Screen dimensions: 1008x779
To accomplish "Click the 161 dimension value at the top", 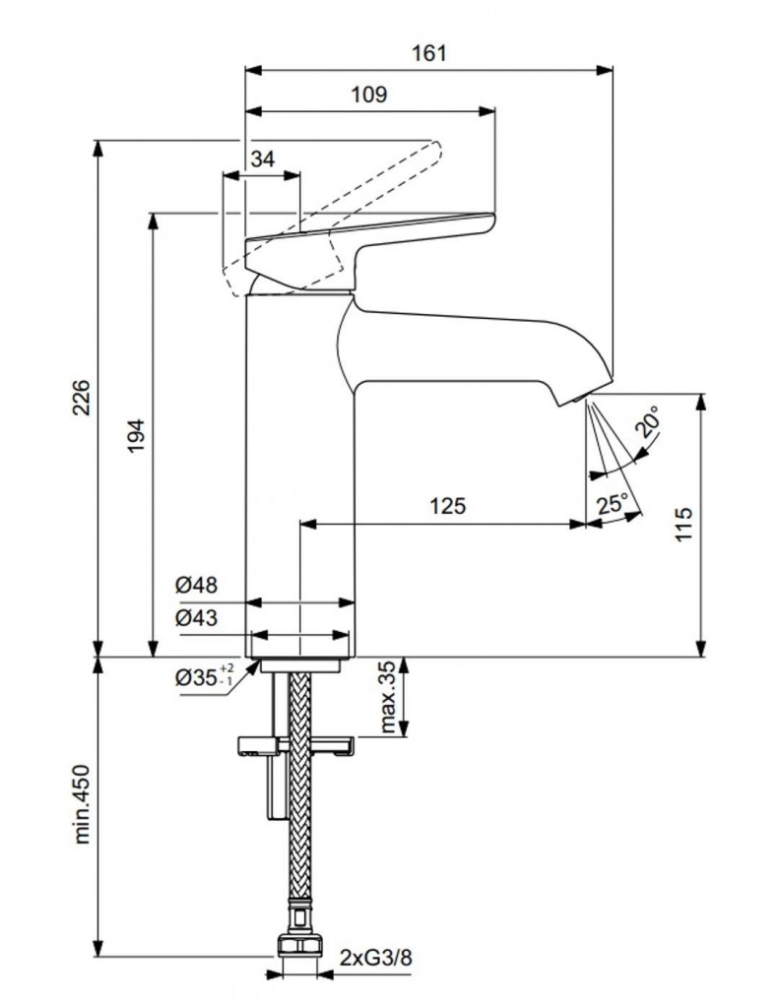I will click(428, 53).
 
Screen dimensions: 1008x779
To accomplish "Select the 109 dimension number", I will click(369, 95).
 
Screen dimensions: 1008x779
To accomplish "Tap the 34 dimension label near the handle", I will click(262, 159).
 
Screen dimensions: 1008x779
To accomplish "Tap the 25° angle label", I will click(613, 503).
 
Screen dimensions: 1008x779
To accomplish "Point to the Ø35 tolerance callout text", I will click(202, 677).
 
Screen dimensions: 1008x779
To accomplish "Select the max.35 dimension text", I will click(387, 698).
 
